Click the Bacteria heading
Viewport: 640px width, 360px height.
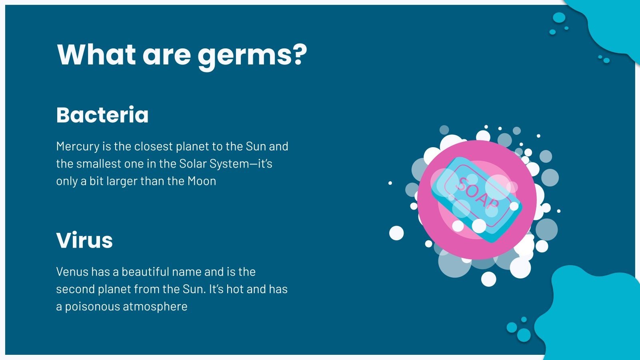tap(102, 115)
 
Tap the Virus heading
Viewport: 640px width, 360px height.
tap(84, 240)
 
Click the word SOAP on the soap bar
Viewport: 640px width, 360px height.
tap(478, 193)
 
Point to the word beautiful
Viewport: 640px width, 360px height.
tap(141, 272)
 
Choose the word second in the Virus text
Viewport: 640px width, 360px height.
tap(75, 289)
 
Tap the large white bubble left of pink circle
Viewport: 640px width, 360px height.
tap(396, 233)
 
